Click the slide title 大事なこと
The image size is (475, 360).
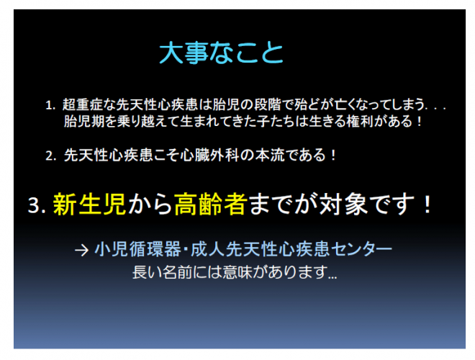click(221, 53)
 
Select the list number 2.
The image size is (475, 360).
click(50, 156)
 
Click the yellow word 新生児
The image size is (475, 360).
click(89, 204)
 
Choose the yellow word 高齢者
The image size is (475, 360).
click(211, 204)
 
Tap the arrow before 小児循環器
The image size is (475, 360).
click(81, 251)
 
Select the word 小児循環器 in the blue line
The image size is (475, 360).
click(137, 249)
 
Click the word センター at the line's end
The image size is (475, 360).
click(361, 249)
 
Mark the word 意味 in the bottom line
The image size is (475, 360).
click(237, 272)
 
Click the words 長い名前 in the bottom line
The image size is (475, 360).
click(163, 272)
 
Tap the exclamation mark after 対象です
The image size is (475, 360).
click(427, 204)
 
